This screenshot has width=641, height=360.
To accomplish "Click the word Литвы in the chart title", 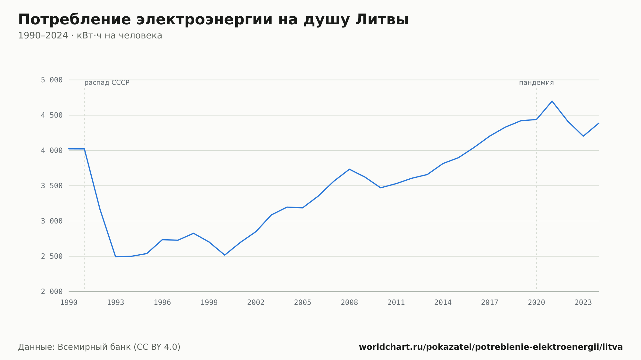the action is tap(382, 20).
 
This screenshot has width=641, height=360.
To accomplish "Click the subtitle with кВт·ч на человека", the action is tap(90, 36).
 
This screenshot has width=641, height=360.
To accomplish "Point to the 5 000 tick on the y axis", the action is tap(52, 80).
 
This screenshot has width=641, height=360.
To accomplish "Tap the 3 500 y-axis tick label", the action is tap(52, 186).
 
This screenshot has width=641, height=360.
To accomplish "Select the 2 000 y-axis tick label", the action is tap(52, 291).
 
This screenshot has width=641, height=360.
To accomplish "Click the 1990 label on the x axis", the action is tap(69, 303).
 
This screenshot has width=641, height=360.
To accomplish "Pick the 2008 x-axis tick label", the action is tap(349, 303).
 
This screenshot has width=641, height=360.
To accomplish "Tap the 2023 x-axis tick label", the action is tap(583, 303).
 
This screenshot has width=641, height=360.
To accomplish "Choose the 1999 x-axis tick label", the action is tap(209, 303).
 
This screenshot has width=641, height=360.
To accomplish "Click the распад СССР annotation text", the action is tap(107, 83).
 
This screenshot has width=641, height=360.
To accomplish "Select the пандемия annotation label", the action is tap(537, 83).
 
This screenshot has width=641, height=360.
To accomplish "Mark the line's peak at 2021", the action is tap(552, 101).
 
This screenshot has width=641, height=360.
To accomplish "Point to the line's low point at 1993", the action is tap(116, 257).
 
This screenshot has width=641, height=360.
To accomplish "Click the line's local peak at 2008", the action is tap(349, 169).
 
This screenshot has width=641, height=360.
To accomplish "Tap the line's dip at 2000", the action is tap(225, 255).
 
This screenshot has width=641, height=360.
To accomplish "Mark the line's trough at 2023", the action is tap(583, 136).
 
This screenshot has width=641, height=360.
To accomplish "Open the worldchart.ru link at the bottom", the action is tap(491, 347).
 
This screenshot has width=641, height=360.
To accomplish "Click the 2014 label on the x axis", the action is tap(443, 303).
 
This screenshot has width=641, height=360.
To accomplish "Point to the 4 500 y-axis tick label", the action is tap(52, 115).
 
